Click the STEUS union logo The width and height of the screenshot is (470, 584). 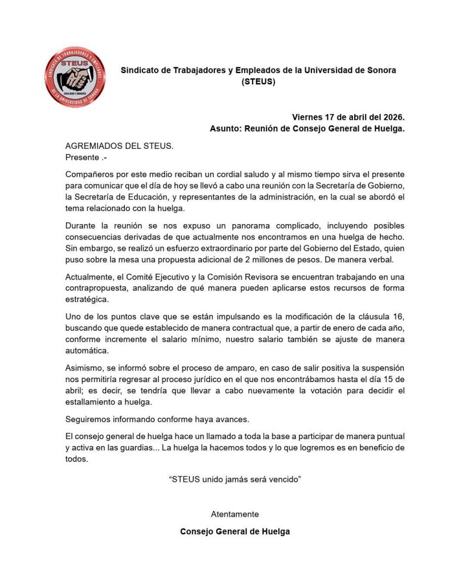[75, 77]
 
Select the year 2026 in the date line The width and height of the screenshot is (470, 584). [392, 117]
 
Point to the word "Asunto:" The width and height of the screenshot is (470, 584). [226, 129]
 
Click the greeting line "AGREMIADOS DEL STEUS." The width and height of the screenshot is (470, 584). [119, 146]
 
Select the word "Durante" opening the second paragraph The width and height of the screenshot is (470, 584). [81, 225]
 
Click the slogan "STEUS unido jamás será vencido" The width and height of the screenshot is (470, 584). [235, 479]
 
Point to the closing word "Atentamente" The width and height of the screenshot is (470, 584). [235, 514]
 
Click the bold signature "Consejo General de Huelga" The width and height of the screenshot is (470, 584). [235, 532]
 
